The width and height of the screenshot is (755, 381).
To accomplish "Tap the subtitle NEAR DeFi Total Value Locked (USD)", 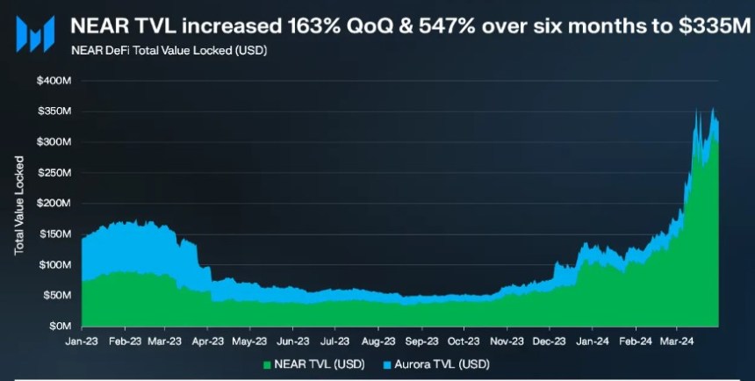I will (x=169, y=50).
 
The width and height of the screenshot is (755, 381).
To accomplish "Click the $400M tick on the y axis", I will (x=54, y=81).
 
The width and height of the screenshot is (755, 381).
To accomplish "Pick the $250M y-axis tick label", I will (x=54, y=173).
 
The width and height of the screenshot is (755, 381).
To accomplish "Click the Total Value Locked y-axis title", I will (x=18, y=206).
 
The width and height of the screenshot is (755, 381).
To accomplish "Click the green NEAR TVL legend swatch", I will (x=267, y=363).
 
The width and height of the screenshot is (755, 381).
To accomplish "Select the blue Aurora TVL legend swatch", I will (x=386, y=363).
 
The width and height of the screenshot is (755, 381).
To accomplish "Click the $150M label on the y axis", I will (x=54, y=234).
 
